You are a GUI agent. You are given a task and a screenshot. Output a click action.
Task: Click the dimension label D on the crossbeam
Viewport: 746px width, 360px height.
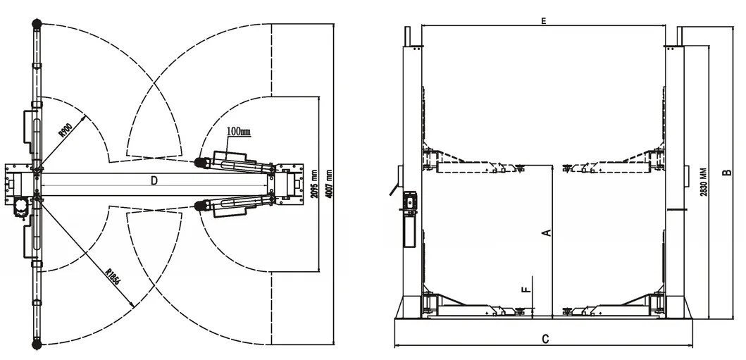pyautogui.click(x=154, y=181)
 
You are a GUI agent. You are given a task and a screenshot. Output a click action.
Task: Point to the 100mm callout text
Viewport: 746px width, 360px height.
pyautogui.click(x=239, y=132)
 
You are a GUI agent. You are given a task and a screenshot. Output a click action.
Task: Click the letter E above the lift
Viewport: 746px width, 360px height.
pyautogui.click(x=544, y=22)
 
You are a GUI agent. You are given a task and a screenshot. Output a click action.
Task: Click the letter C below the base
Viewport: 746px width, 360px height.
pyautogui.click(x=545, y=339)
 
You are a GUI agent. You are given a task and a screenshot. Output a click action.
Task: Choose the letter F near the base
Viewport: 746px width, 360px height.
pyautogui.click(x=524, y=289)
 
